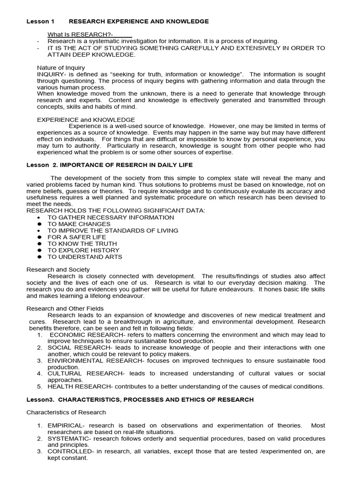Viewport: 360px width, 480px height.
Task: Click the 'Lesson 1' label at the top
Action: [40, 22]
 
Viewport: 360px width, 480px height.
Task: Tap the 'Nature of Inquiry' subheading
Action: [61, 68]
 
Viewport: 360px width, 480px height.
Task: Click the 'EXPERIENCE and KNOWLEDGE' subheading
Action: [86, 120]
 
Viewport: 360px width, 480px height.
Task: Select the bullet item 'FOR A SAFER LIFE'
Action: [76, 237]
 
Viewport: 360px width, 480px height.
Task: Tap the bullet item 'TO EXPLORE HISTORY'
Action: [83, 250]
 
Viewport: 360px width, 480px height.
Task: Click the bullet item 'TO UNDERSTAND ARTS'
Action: [84, 257]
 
